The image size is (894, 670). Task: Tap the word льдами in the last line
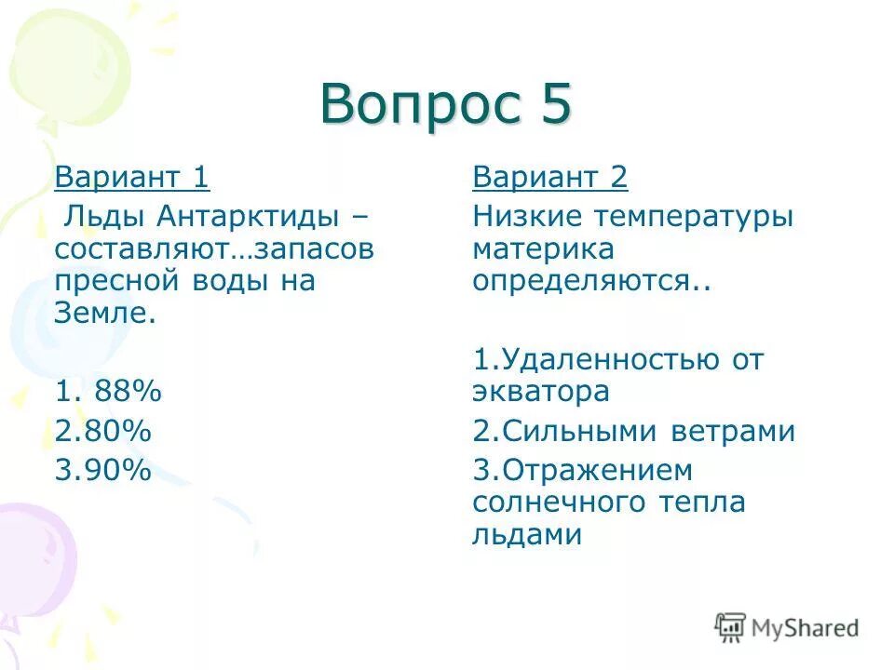527,534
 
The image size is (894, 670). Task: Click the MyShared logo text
806,628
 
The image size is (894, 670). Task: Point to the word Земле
105,313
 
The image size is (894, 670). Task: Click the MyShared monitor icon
731,627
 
